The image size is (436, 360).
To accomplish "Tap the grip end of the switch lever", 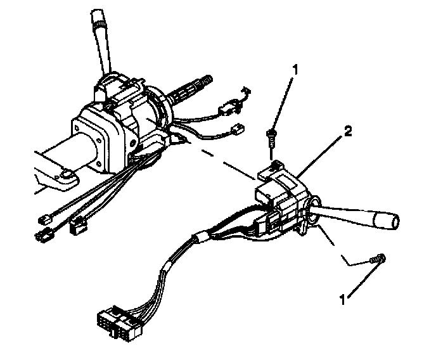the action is (387, 222).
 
